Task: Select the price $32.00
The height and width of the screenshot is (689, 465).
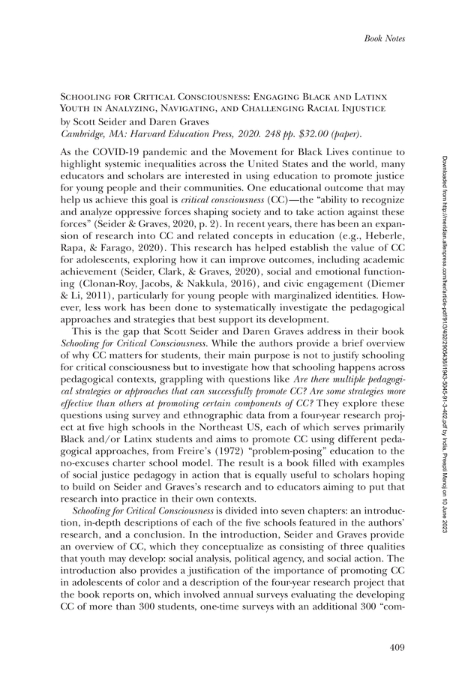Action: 295,134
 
